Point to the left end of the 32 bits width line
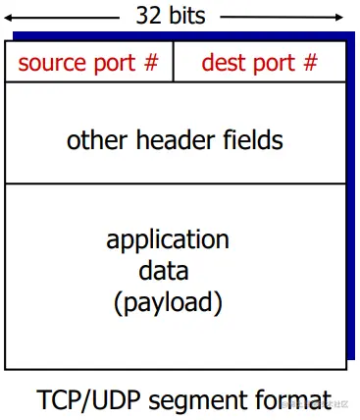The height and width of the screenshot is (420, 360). point(8,17)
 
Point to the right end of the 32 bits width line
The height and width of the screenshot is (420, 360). point(344,17)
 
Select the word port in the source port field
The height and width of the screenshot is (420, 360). point(114,65)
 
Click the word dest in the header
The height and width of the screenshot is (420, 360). point(222,64)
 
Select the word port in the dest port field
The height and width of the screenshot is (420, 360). point(274,65)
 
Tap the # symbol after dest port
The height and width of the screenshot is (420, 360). point(310,64)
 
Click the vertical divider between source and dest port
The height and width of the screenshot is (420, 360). point(174,62)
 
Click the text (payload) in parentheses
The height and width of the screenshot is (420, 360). point(168,302)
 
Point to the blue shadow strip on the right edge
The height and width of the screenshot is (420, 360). point(351,196)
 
